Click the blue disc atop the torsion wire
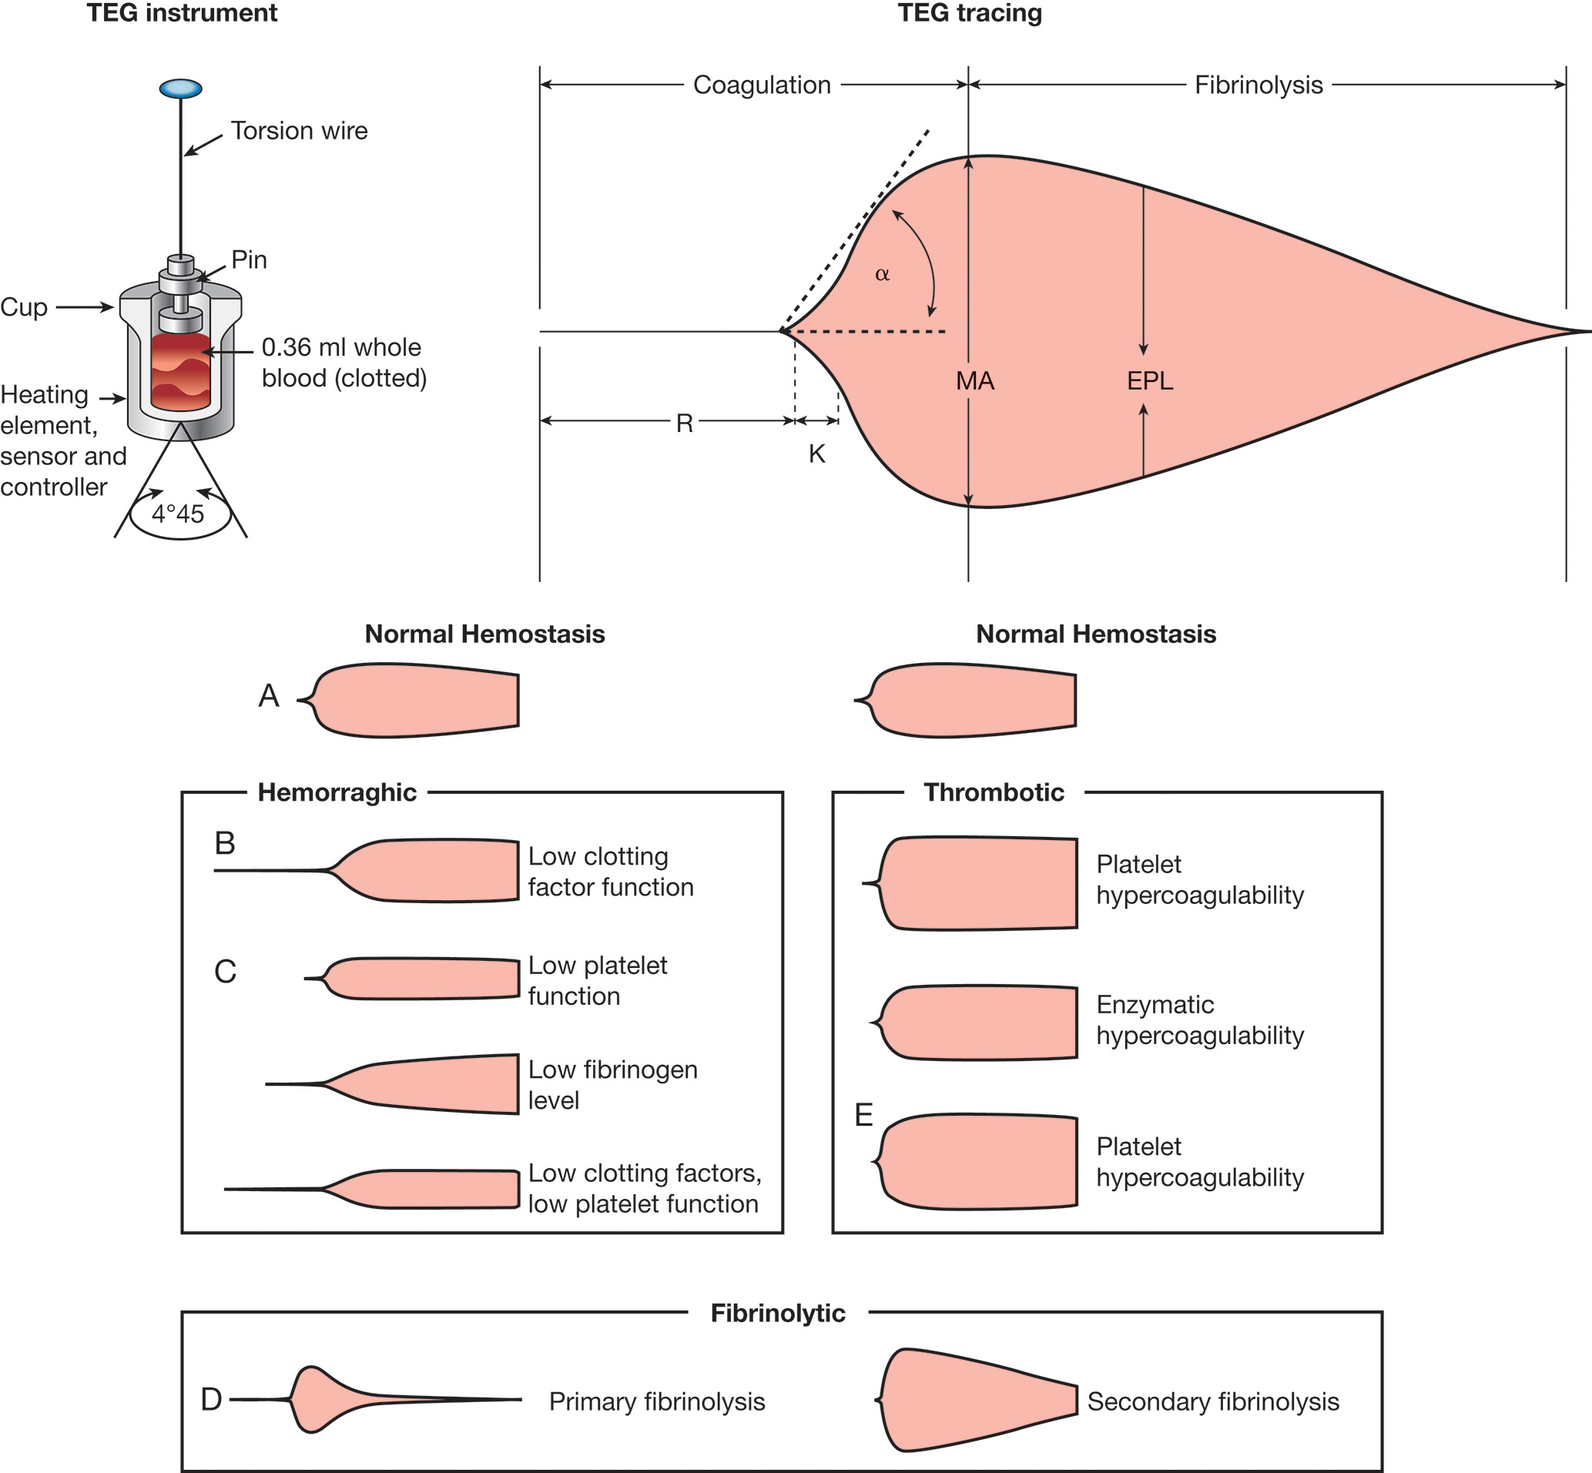180,88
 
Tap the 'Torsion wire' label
299,131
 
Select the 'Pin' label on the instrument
249,259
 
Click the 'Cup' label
24,307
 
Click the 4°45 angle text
178,514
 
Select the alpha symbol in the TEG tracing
882,274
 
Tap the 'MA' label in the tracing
975,381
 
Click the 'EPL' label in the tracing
1150,381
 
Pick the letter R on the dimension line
684,423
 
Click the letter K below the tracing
816,454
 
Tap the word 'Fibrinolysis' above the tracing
1258,85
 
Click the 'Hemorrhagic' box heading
337,792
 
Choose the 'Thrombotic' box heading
994,792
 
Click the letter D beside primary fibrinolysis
211,1399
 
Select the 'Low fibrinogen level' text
612,1085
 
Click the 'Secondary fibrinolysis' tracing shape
977,1400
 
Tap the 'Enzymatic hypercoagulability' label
1199,1020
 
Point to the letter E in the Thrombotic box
863,1114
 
